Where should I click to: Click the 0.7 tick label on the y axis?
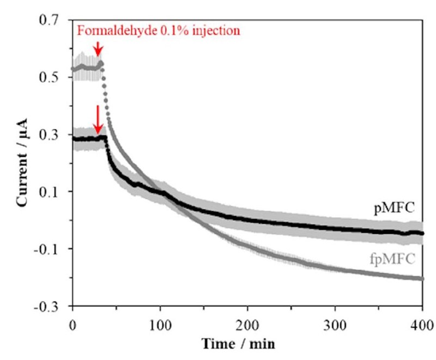click(52, 21)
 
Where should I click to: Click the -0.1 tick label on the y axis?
click(50, 249)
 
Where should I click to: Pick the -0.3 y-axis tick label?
click(50, 306)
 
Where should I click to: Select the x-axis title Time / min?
click(246, 344)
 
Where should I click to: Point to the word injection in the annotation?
click(216, 30)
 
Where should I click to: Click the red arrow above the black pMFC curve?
click(98, 119)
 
